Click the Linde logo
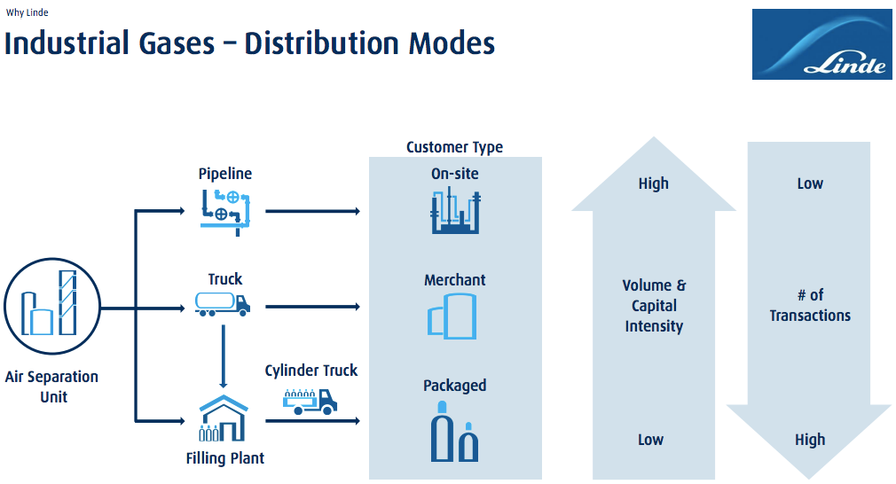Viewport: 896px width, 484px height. tap(821, 44)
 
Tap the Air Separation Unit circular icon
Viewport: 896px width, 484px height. tap(51, 307)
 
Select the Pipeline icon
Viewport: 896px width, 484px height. tap(224, 209)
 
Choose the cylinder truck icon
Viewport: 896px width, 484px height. tap(310, 402)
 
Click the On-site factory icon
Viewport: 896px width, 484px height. tap(454, 211)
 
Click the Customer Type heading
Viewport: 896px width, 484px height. tap(454, 147)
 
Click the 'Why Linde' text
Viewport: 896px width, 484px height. tap(27, 12)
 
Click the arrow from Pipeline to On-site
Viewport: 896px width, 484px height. tap(312, 211)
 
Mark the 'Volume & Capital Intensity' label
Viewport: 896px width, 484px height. tap(654, 306)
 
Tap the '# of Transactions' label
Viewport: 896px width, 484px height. tap(810, 305)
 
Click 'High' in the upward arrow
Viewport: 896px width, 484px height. tap(654, 183)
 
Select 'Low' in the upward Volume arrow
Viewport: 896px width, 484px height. tap(651, 440)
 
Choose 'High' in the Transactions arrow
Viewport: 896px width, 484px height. tap(810, 440)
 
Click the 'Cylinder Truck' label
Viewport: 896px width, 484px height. tap(311, 371)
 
